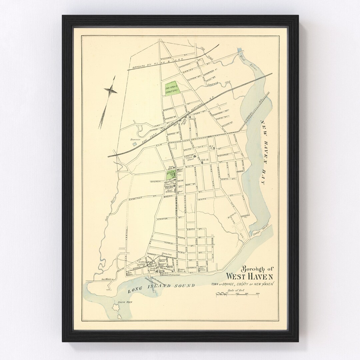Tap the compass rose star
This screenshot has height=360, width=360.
[111, 90]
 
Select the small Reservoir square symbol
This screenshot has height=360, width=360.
[134, 144]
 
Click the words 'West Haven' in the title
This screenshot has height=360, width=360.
[249, 276]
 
